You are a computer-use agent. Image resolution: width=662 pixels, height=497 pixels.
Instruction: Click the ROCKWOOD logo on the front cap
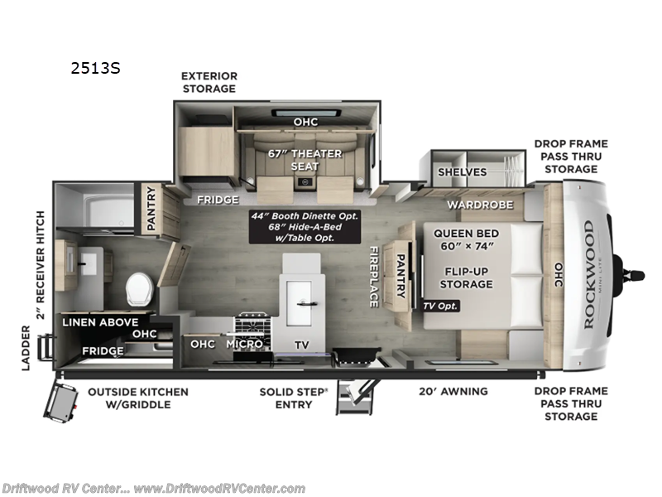coord(588,274)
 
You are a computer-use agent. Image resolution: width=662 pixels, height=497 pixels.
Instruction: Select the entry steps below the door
coord(357,397)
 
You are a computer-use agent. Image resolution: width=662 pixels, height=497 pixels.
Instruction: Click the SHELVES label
coord(462,171)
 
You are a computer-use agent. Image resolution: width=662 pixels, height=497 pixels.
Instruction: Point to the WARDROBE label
coord(480,204)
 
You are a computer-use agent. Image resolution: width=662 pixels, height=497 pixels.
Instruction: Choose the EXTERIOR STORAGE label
coord(209,81)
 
